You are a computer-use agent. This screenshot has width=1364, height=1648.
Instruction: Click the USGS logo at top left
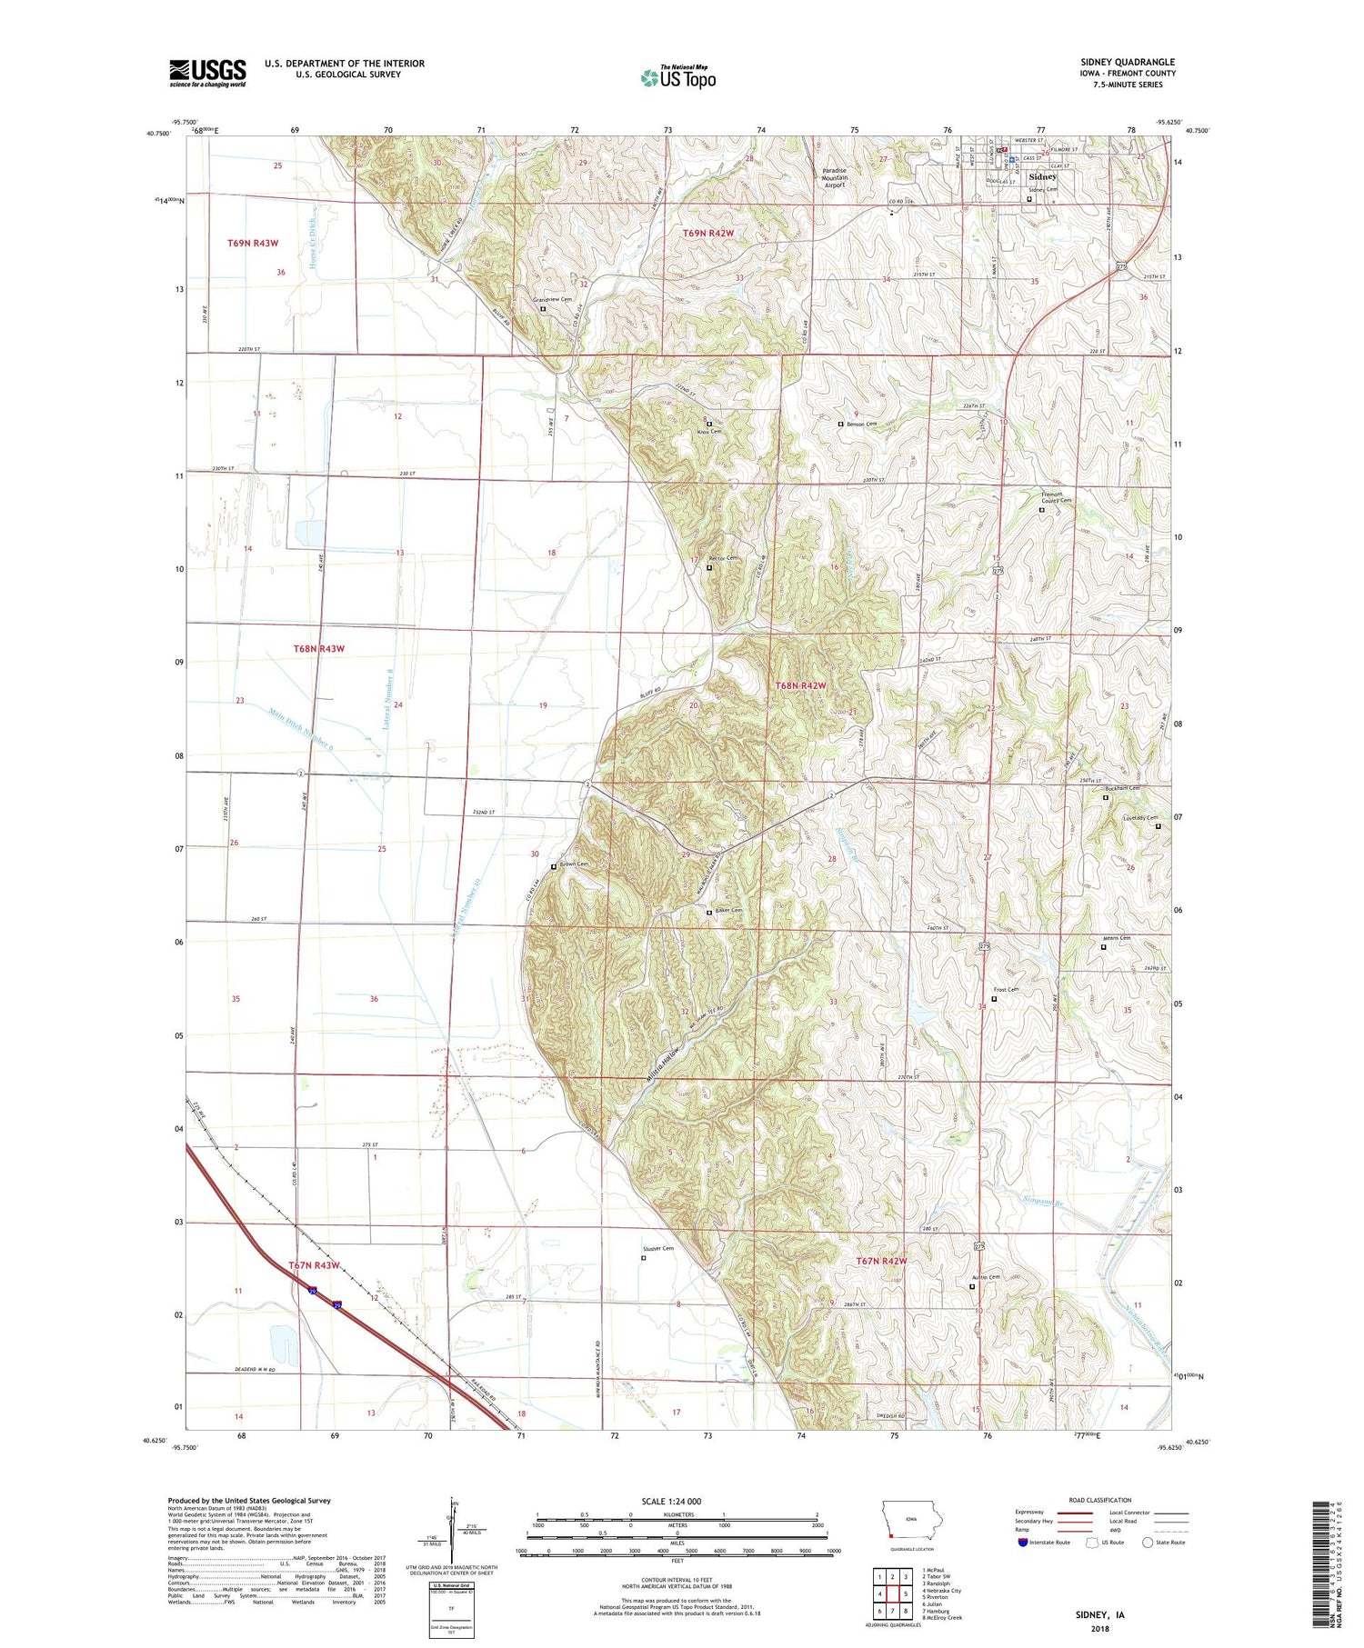pyautogui.click(x=207, y=73)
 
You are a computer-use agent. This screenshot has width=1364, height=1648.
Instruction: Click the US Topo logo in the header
pyautogui.click(x=678, y=77)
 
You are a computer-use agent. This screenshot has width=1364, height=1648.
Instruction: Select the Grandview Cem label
pyautogui.click(x=552, y=299)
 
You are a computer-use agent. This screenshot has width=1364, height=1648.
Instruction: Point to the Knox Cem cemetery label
pyautogui.click(x=708, y=432)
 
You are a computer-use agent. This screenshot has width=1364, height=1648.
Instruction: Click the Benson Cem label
pyautogui.click(x=861, y=424)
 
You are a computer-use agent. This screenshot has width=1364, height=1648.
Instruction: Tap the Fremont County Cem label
pyautogui.click(x=1056, y=498)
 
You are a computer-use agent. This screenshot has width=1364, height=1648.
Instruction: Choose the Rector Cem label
pyautogui.click(x=724, y=558)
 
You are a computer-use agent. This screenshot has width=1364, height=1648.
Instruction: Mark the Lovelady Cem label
pyautogui.click(x=1139, y=817)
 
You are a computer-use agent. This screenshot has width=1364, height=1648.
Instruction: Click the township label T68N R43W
pyautogui.click(x=319, y=648)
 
